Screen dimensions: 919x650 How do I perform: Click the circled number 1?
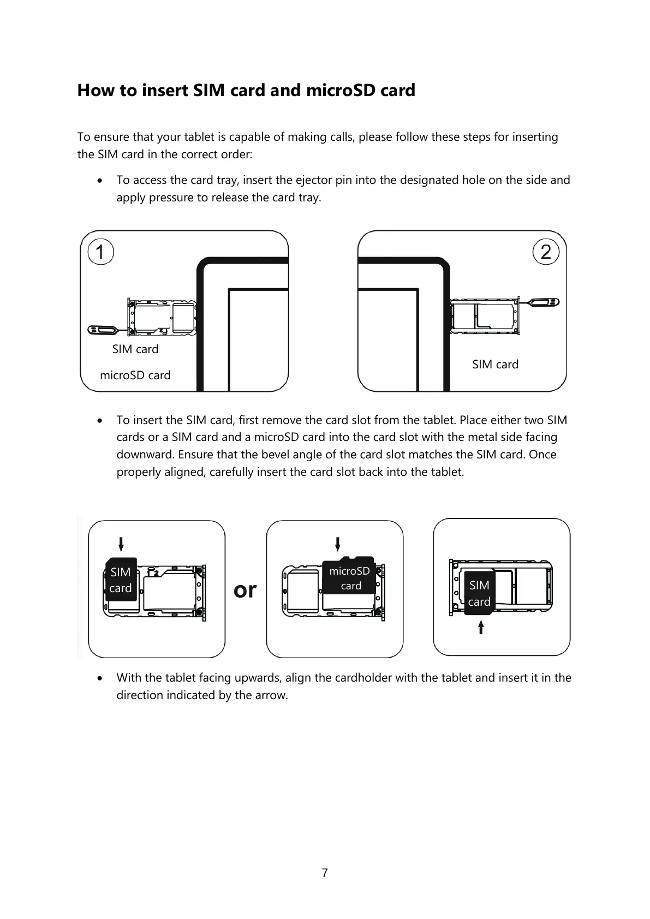point(100,252)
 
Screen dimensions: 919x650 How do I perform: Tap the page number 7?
point(325,873)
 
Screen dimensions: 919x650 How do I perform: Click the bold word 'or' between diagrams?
point(245,590)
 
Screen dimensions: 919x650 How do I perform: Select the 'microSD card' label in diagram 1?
point(135,375)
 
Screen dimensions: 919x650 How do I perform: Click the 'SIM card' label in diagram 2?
point(495,365)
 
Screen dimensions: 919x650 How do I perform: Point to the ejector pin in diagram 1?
point(104,330)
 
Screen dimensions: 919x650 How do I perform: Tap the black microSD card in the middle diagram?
point(349,577)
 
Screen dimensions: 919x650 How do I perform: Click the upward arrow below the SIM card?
point(481,626)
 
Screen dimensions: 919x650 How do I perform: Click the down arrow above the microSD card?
point(338,544)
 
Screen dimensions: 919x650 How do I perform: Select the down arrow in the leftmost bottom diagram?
point(121,544)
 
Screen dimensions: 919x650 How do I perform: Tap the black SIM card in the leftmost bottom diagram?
point(121,580)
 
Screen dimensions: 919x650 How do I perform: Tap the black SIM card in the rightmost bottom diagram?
point(479,593)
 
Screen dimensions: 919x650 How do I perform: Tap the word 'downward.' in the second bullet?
point(145,455)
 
